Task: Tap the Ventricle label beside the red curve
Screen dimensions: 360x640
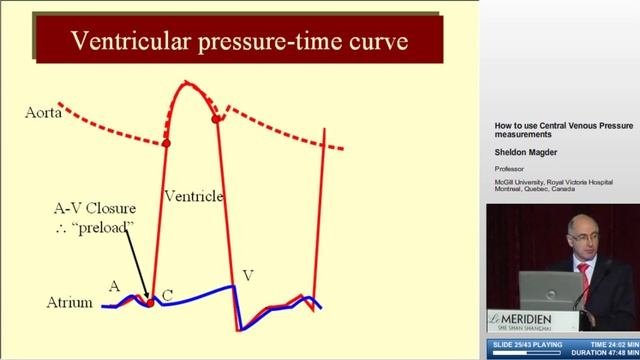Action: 192,196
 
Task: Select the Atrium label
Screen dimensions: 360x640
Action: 70,302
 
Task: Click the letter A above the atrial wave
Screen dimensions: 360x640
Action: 114,285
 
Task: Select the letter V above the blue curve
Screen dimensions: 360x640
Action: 247,275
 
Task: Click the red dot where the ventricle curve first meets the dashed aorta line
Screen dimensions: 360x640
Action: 166,144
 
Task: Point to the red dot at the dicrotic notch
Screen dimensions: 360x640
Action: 217,120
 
